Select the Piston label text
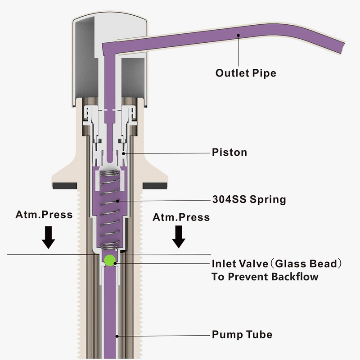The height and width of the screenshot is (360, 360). (x=229, y=153)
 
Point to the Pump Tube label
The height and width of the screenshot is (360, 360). (x=242, y=335)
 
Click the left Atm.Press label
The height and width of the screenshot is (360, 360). (x=44, y=214)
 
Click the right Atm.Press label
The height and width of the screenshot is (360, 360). (x=181, y=217)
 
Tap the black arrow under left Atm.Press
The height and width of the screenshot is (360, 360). (x=48, y=238)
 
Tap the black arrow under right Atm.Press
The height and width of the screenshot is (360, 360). (x=180, y=238)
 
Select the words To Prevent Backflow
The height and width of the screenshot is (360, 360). (x=265, y=276)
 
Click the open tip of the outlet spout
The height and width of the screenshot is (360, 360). (x=343, y=47)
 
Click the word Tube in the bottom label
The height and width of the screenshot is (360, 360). (x=260, y=335)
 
